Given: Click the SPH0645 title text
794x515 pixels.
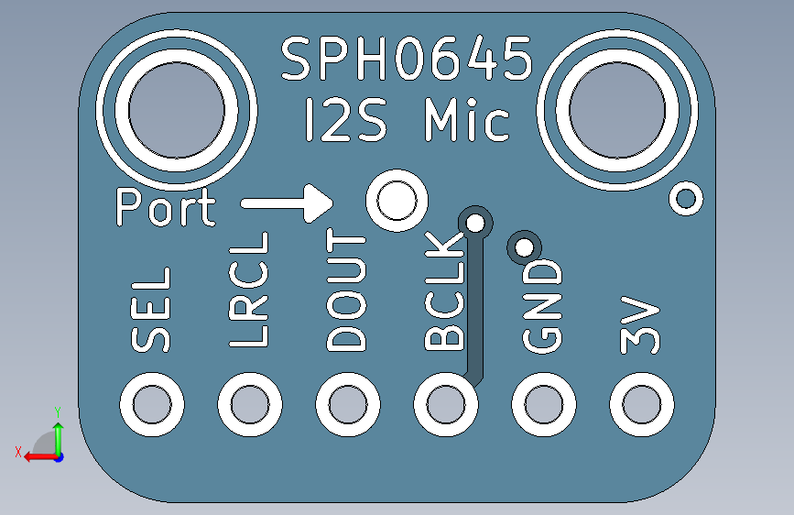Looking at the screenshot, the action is pos(407,60).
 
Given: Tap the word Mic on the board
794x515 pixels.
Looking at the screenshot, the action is pos(466,121).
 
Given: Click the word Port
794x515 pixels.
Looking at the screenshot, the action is pos(165,208).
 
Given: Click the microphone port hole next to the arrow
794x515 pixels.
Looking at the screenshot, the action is pos(396,201).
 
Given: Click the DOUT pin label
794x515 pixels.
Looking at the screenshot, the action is pos(347,291).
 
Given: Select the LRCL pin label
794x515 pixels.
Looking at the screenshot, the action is pos(249,290).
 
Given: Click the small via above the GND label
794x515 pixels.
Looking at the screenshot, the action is pos(525,246).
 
